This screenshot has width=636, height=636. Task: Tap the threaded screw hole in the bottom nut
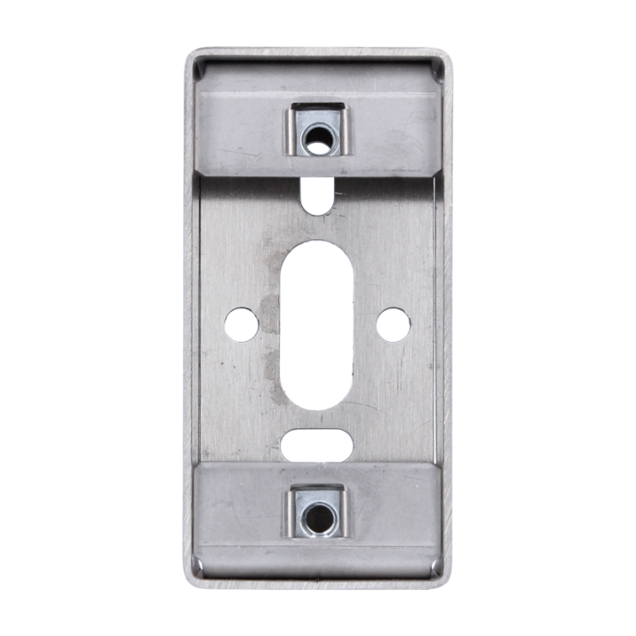coord(316,515)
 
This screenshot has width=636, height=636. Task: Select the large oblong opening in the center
coord(316,325)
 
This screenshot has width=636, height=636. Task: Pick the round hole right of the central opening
coord(392,324)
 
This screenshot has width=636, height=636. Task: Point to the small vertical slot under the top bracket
coord(316,195)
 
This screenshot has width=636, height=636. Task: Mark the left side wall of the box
coord(190,318)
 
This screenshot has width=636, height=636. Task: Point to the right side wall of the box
coord(443,318)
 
